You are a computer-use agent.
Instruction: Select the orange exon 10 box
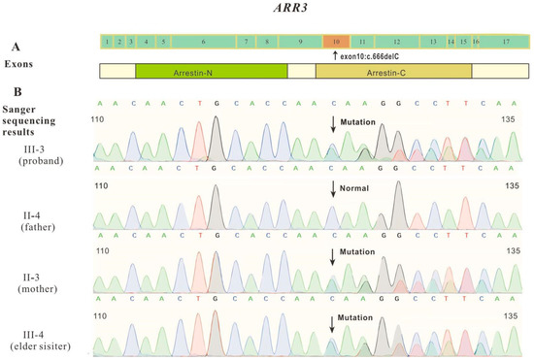coord(336,43)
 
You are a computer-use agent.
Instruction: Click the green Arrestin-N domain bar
coord(212,72)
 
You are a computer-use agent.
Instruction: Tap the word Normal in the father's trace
coord(358,187)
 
